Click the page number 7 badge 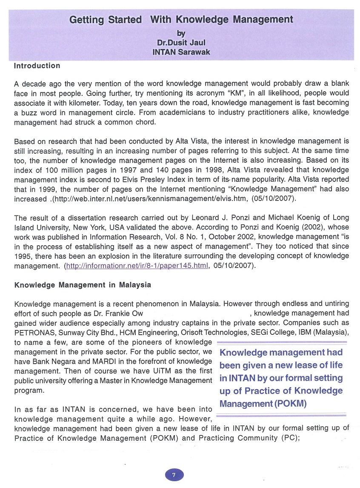pos(174,475)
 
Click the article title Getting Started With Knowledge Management pos(181,20)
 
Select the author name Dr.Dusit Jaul pos(181,43)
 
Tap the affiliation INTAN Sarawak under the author pos(181,52)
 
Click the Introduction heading pos(37,66)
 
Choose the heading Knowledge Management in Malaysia pos(83,285)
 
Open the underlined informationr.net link pos(137,266)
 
